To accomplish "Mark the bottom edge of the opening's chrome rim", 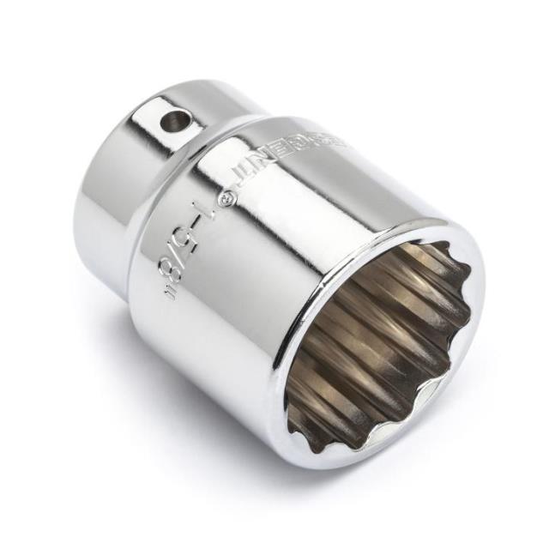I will (x=360, y=459).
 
